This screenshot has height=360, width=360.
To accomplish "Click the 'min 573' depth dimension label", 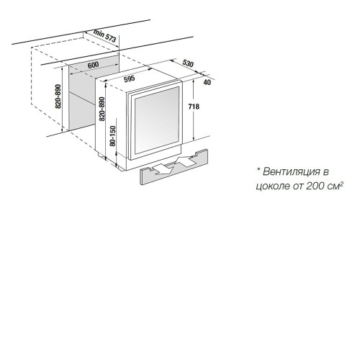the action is click(x=105, y=36).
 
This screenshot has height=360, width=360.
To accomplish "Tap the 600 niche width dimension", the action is click(x=93, y=65).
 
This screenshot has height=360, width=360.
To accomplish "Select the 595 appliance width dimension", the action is click(x=130, y=78).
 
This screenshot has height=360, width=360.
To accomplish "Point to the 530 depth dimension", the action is click(x=188, y=63).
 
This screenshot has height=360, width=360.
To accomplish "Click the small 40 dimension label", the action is click(x=207, y=82).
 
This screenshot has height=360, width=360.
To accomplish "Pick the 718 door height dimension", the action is click(x=194, y=106).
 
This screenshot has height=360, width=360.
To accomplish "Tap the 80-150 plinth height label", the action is click(x=112, y=136).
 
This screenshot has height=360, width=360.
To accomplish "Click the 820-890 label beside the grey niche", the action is click(x=58, y=96).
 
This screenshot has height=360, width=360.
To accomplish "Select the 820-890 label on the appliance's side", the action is click(x=102, y=109).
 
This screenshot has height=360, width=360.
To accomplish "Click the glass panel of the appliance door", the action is click(x=157, y=120).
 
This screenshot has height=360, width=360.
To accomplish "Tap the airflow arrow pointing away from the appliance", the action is click(x=164, y=169).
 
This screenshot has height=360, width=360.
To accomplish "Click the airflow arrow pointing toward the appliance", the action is click(x=186, y=161).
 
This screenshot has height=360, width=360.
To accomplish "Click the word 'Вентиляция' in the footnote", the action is click(x=292, y=171).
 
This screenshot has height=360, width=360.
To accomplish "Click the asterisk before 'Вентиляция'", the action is click(x=258, y=170).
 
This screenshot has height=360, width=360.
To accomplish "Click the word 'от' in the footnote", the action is click(x=298, y=186).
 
